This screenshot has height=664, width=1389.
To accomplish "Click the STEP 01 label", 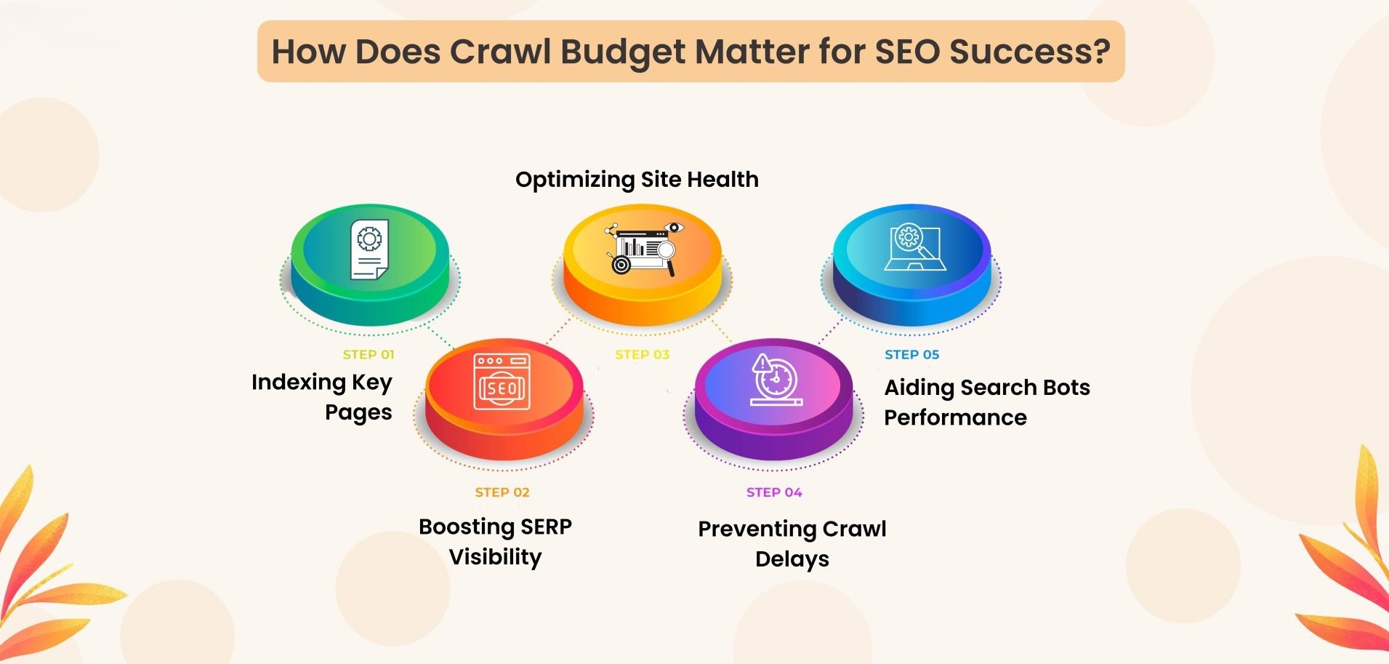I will [368, 355].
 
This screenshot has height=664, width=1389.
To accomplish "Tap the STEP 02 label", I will [502, 492].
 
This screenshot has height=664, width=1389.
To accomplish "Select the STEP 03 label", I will [642, 355].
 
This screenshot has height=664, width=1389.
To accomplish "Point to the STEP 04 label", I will [774, 492].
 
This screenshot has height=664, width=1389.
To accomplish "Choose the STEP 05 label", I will [911, 355].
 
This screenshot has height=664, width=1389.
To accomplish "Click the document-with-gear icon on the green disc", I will [369, 249].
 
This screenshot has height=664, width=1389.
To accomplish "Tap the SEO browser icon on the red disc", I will [502, 382].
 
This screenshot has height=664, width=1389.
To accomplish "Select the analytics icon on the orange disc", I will [643, 248].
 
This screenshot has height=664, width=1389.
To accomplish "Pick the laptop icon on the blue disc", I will [914, 248].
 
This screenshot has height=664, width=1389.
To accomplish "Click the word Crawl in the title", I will [500, 52].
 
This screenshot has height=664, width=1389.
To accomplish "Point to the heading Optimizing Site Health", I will [637, 180].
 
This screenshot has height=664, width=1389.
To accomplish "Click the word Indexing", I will [298, 383].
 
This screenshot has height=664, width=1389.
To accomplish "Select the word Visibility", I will [495, 557].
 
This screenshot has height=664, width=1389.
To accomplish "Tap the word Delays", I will [792, 559].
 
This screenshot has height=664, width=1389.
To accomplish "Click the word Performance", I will [955, 417].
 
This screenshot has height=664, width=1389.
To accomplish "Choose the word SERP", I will [546, 527].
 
